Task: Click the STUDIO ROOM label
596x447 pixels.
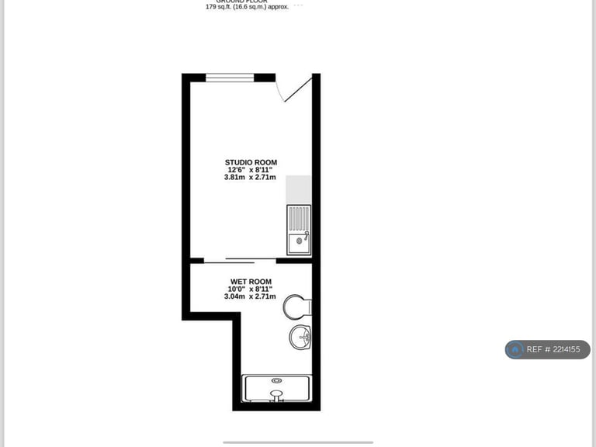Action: (251, 162)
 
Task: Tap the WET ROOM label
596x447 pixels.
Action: (251, 281)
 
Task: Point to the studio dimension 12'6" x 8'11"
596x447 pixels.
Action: (251, 170)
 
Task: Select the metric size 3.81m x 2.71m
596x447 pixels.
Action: (251, 178)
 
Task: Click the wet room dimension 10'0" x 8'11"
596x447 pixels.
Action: (251, 289)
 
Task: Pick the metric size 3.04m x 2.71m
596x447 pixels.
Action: (251, 296)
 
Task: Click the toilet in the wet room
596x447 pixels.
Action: (296, 307)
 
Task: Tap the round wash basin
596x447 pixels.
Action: (300, 337)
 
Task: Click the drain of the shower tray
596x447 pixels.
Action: (276, 380)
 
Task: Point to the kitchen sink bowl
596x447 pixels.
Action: (299, 244)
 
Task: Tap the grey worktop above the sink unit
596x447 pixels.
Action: (299, 189)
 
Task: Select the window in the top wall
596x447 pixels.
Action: (230, 77)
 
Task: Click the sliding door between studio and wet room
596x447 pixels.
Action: (240, 260)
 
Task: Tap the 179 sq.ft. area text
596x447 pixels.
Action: (247, 7)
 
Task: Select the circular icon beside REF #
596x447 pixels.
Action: (515, 350)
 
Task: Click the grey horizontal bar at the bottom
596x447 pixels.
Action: (298, 442)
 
